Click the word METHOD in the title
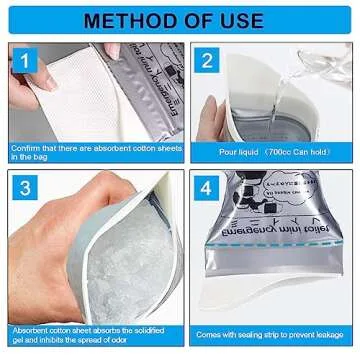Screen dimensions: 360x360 [131, 19]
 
